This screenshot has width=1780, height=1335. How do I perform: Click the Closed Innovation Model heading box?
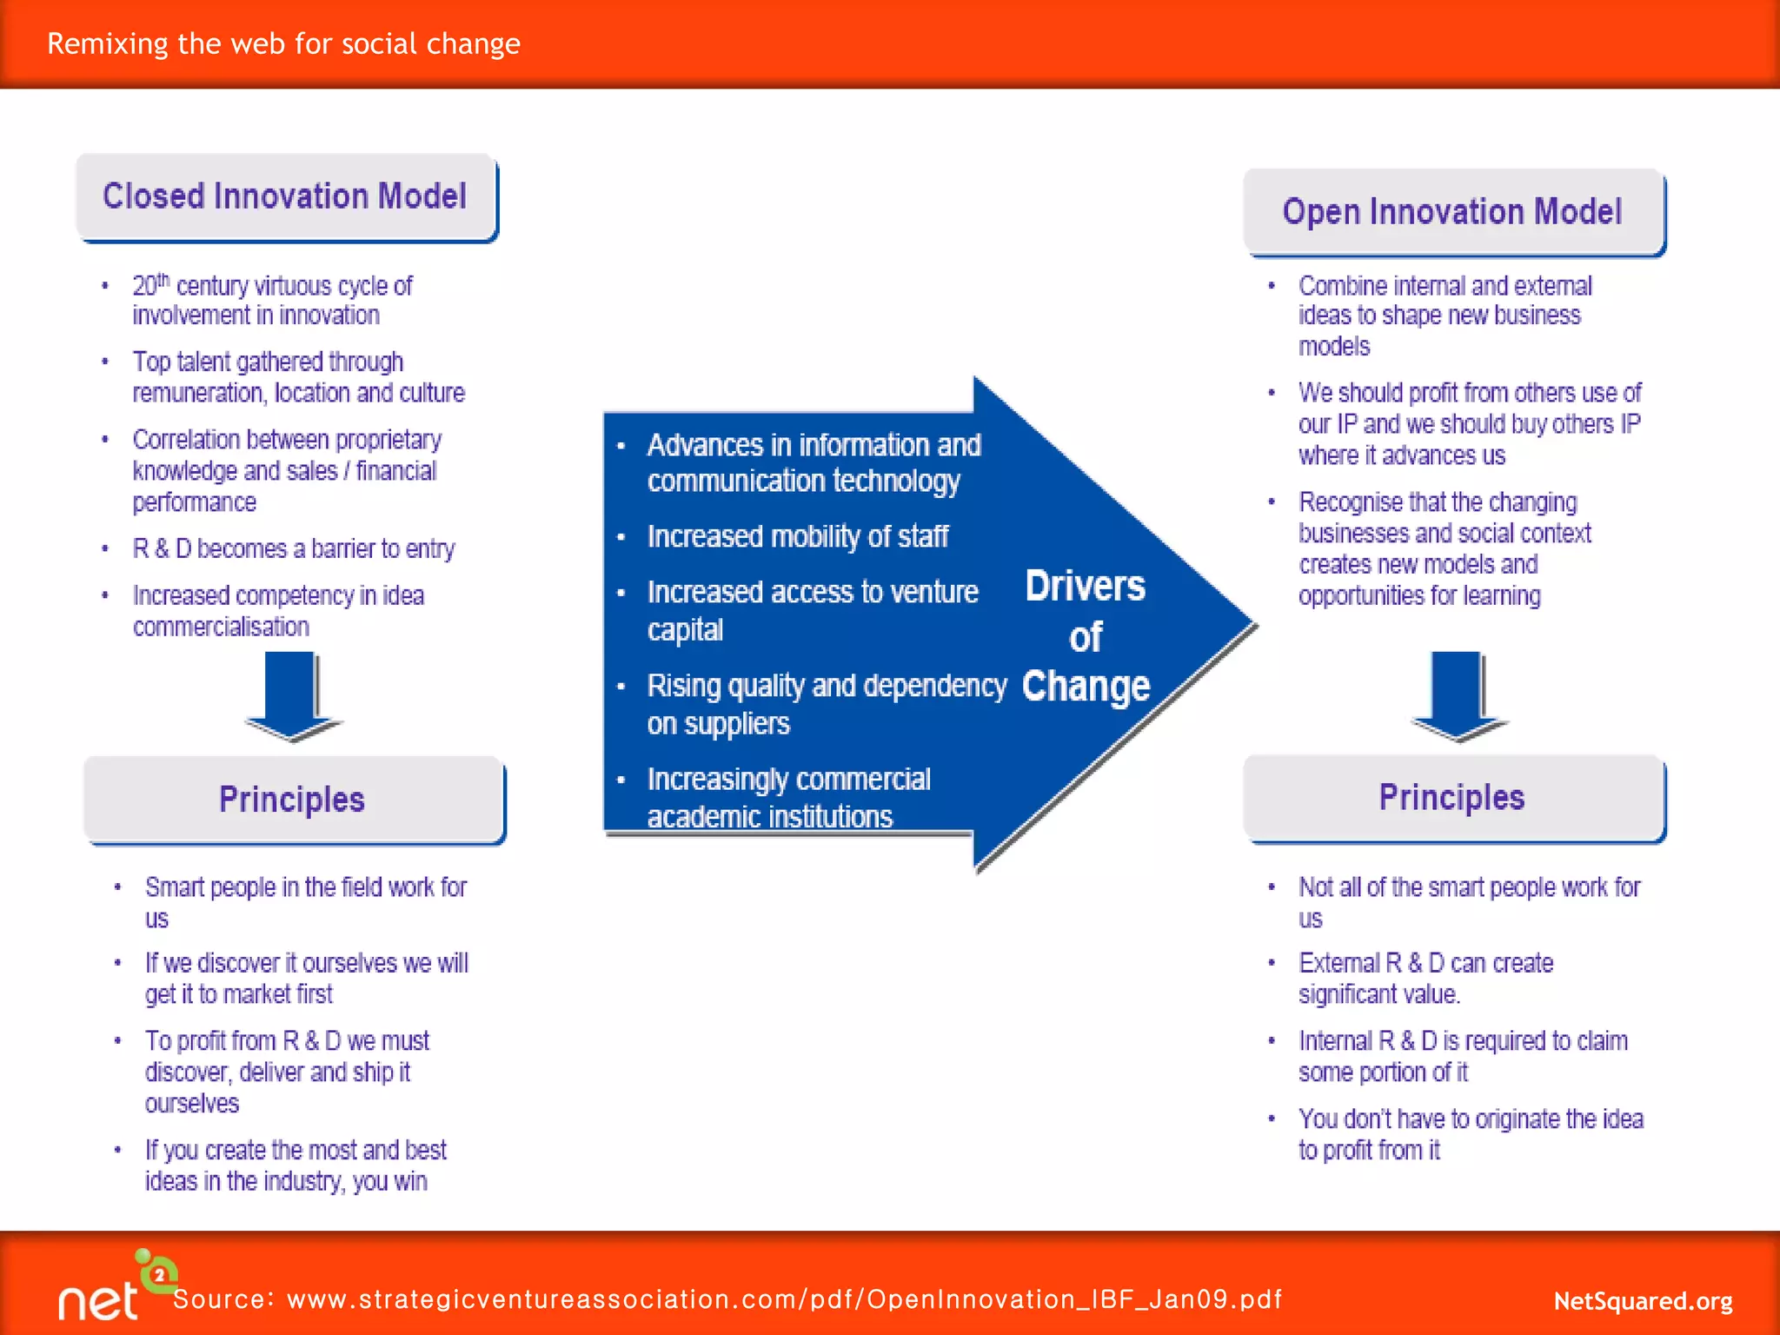(285, 196)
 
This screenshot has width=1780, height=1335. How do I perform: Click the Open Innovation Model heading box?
(1452, 212)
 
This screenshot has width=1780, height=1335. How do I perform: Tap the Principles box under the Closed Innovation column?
(292, 800)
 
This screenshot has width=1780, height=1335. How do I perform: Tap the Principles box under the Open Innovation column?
(1452, 798)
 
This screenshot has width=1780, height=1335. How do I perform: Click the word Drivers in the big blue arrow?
(1085, 587)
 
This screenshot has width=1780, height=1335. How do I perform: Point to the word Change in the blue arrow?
(1086, 687)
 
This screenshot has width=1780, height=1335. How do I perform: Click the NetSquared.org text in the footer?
(1643, 1301)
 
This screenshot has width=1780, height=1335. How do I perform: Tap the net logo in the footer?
(113, 1291)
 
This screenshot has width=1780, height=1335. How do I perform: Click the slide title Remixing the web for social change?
(283, 43)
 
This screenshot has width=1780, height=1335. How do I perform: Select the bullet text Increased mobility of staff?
(797, 537)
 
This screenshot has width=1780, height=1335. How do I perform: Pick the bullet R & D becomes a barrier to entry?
(294, 549)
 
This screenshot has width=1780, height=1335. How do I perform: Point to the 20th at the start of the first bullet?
(149, 285)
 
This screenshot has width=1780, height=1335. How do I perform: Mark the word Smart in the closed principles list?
(174, 887)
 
